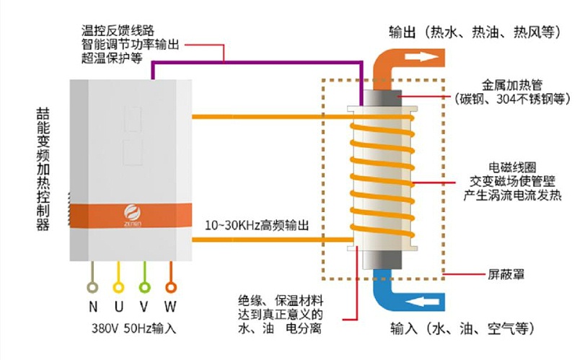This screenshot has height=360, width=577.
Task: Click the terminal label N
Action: click(93, 306)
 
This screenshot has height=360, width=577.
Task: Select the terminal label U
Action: click(119, 306)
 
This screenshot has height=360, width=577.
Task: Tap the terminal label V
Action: click(145, 306)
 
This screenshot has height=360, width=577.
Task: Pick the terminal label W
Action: click(171, 306)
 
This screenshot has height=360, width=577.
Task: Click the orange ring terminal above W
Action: click(171, 272)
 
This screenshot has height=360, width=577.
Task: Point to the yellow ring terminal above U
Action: click(119, 272)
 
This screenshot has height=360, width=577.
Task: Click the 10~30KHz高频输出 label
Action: click(257, 225)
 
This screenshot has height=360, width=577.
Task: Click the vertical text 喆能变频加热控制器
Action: click(43, 170)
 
